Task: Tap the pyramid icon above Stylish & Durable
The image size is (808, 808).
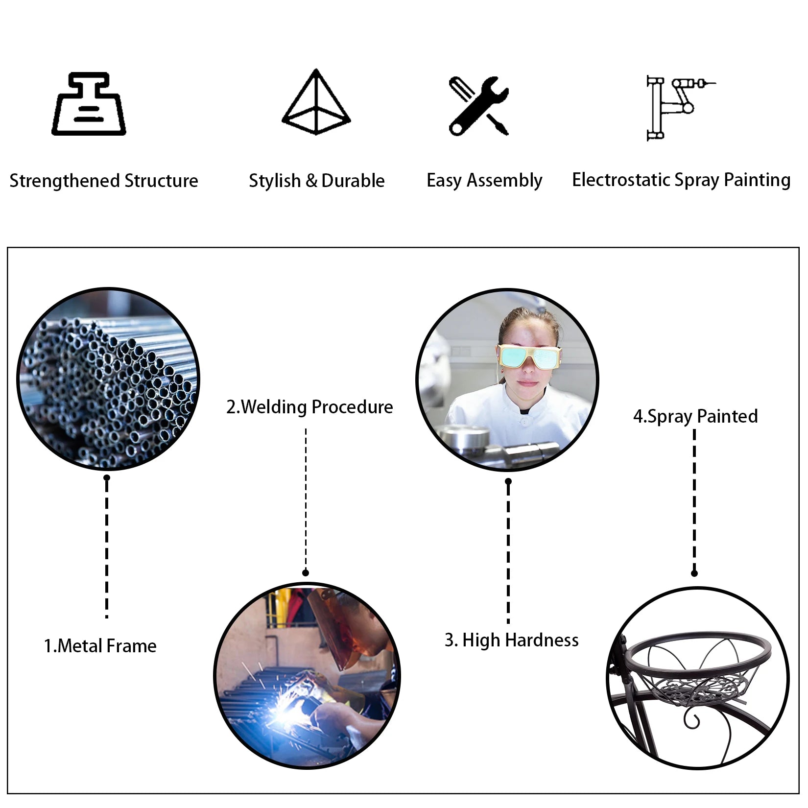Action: (x=316, y=102)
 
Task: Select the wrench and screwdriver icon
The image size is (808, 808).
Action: (x=479, y=106)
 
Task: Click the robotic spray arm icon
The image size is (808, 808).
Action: (x=678, y=108)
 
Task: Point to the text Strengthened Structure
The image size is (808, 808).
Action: (x=104, y=181)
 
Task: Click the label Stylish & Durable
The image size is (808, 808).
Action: (x=316, y=181)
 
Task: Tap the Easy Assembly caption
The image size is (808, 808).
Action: (x=484, y=180)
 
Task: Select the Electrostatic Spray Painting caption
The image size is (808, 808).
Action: (x=681, y=180)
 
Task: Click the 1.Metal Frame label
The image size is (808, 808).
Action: (x=100, y=646)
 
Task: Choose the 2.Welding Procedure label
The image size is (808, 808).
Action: (x=309, y=407)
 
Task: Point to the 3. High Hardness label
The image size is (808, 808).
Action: (x=511, y=640)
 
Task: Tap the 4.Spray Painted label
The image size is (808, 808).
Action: (x=695, y=416)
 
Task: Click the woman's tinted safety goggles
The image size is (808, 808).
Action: (x=529, y=356)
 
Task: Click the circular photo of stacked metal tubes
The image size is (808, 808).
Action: (x=108, y=379)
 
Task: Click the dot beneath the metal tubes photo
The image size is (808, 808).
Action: (x=107, y=477)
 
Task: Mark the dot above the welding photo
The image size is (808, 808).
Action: (x=306, y=572)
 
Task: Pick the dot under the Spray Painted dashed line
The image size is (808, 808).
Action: (x=694, y=573)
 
